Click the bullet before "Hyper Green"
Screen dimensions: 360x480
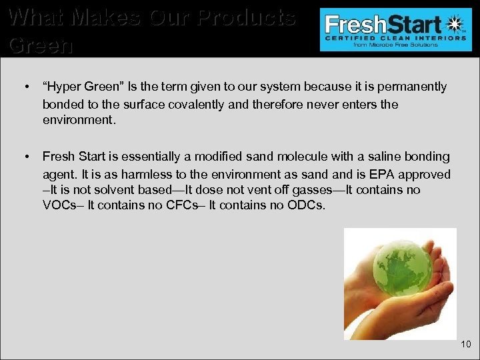[25, 87]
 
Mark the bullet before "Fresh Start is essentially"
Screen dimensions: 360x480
[25, 157]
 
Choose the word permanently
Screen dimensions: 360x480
[417, 87]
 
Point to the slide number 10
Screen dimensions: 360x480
[465, 344]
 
